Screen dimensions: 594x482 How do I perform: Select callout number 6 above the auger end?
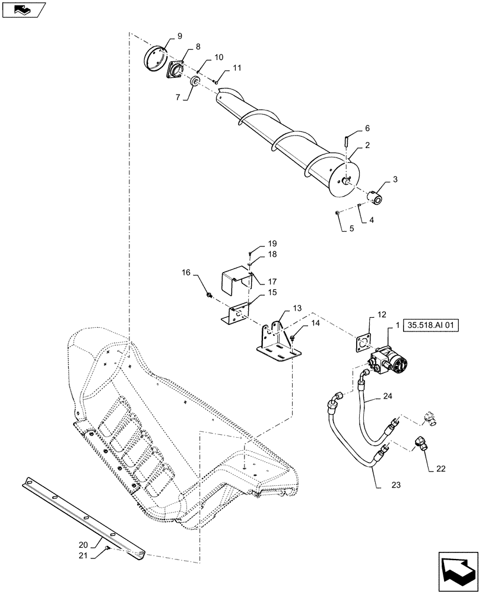[367, 128]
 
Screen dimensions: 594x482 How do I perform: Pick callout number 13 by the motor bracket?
[297, 308]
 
